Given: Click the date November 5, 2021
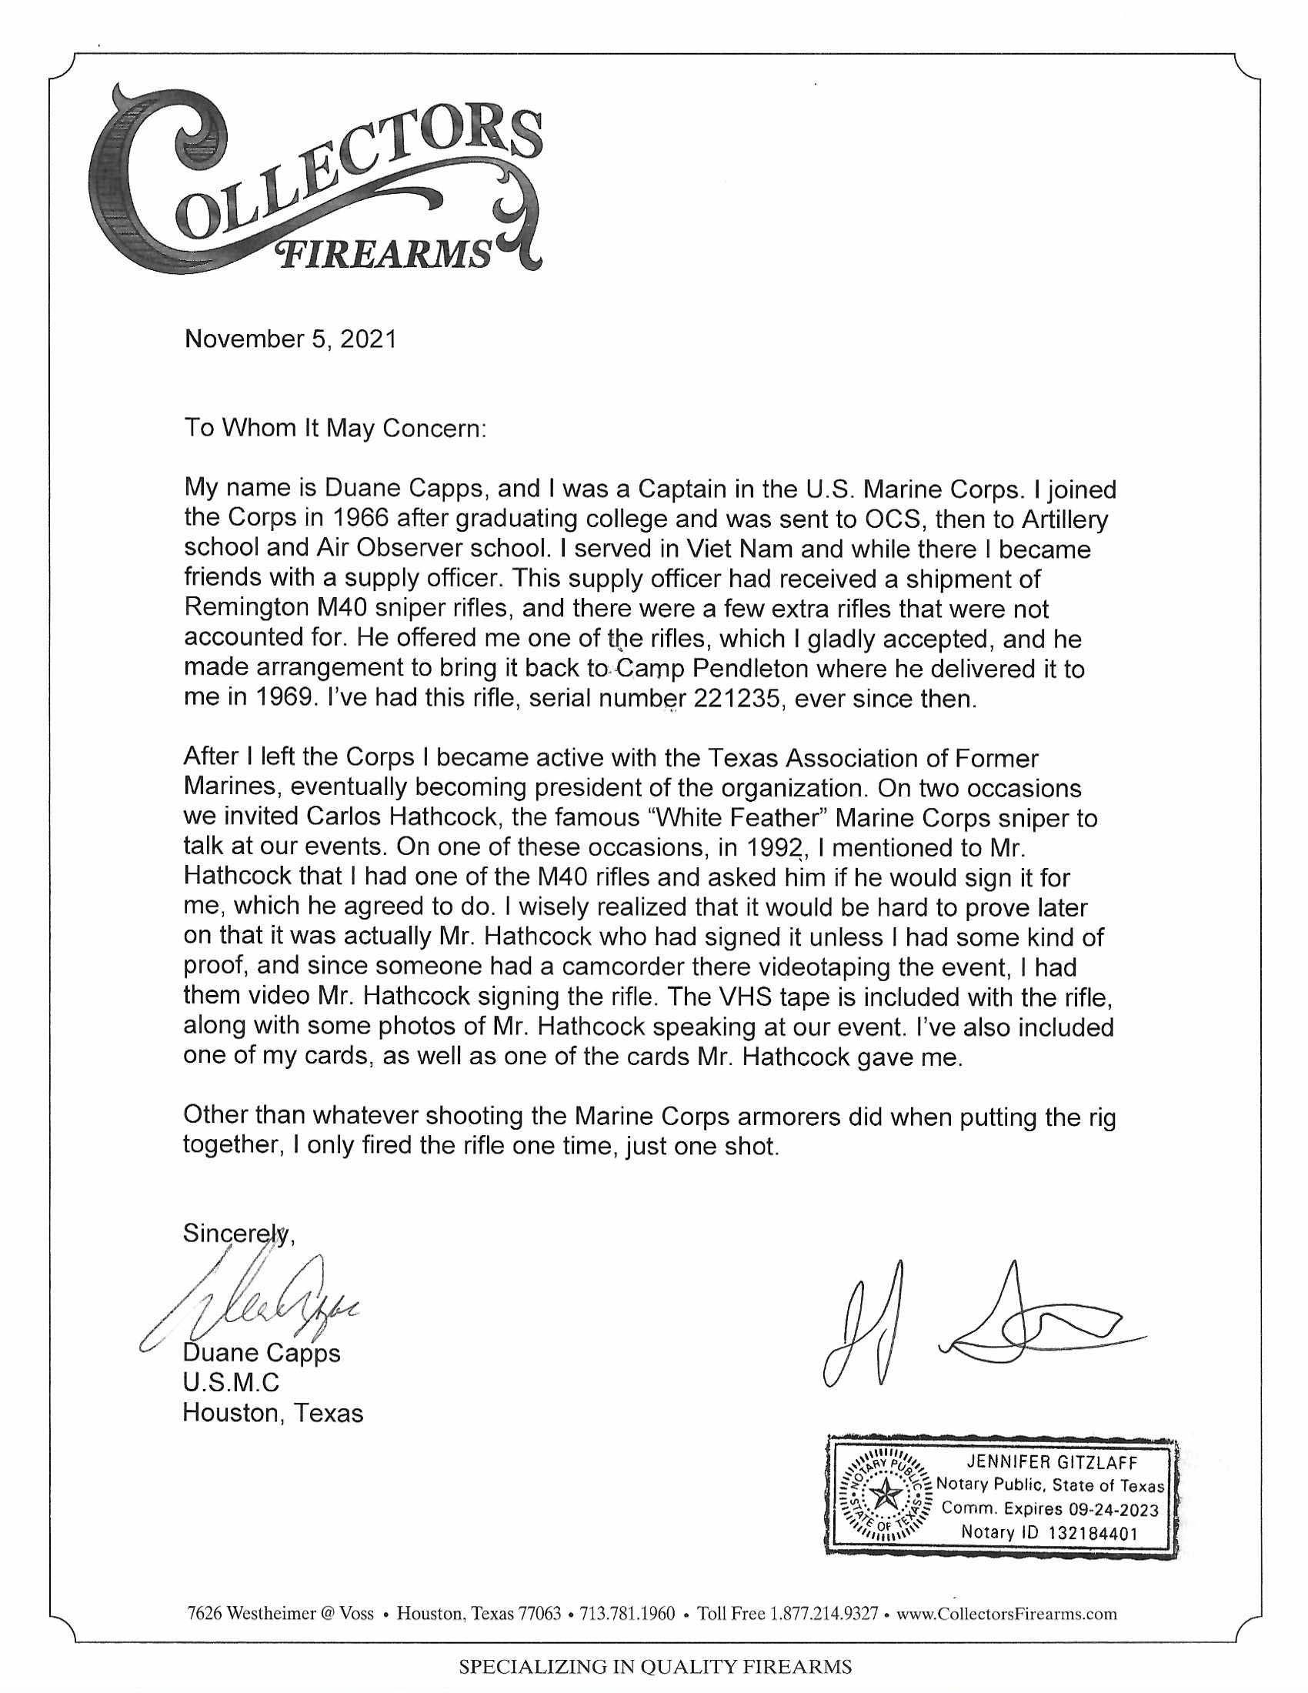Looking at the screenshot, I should (x=289, y=339).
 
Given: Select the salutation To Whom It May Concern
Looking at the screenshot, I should (x=333, y=428).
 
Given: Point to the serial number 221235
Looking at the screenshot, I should (x=737, y=699).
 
